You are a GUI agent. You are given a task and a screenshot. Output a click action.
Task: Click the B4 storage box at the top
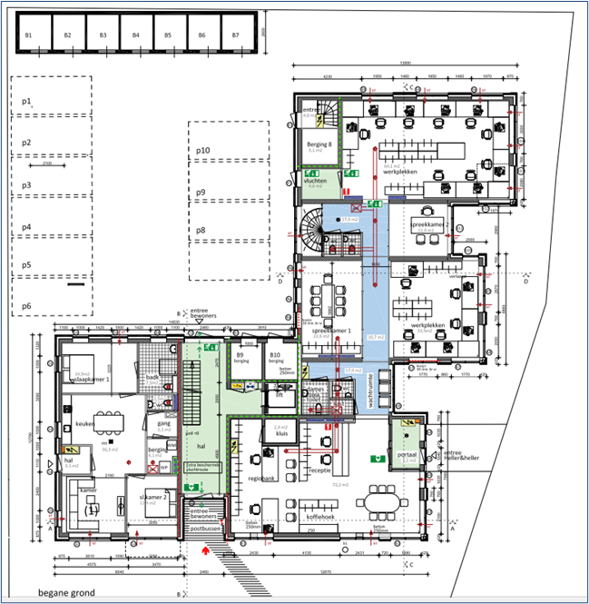click(x=135, y=35)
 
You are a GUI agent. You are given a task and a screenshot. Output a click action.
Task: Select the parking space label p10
click(x=203, y=150)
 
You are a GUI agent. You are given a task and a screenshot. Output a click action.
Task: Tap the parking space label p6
click(x=26, y=306)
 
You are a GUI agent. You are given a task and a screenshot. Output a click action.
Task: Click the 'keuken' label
click(x=85, y=423)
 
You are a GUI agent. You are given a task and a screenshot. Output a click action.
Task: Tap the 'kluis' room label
click(x=281, y=434)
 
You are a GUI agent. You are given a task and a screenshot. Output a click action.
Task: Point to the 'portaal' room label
click(x=407, y=454)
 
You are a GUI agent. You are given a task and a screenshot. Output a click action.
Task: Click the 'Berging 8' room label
click(x=317, y=144)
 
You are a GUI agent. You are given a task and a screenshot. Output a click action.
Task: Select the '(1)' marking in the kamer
click(x=91, y=510)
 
